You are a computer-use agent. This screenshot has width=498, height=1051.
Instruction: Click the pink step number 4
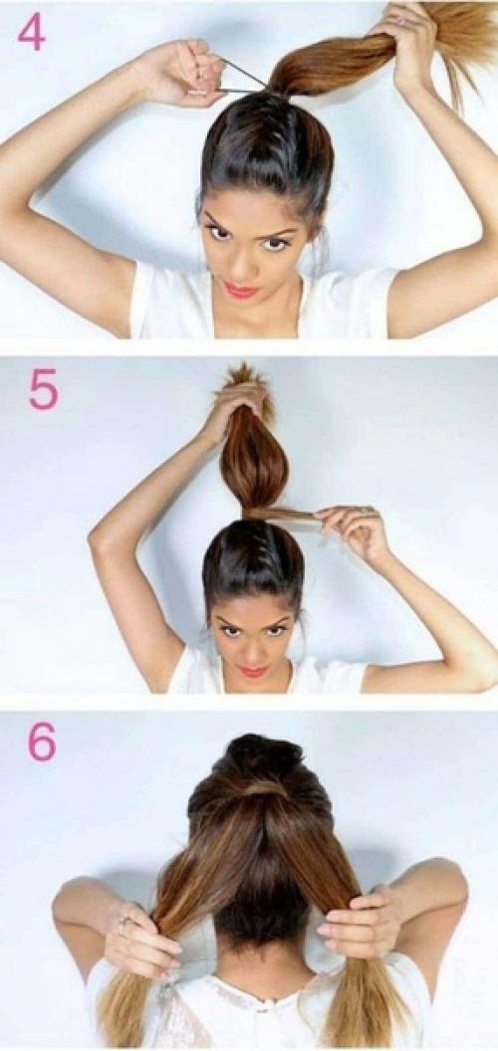tap(31, 32)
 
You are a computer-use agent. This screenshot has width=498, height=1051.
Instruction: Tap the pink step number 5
tap(43, 390)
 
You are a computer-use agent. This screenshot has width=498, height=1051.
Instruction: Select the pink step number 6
tap(41, 742)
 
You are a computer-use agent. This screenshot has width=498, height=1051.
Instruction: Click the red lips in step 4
tap(241, 290)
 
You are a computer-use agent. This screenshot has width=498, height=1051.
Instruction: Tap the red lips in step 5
tap(253, 670)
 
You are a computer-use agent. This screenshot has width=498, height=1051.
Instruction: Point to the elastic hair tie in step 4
tap(243, 77)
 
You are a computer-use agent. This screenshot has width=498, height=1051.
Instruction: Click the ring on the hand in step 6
tap(124, 923)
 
